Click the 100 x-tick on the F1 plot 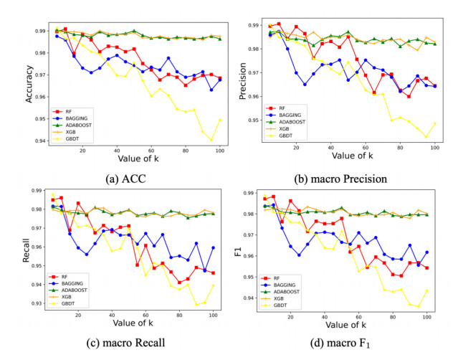pos(426,316)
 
